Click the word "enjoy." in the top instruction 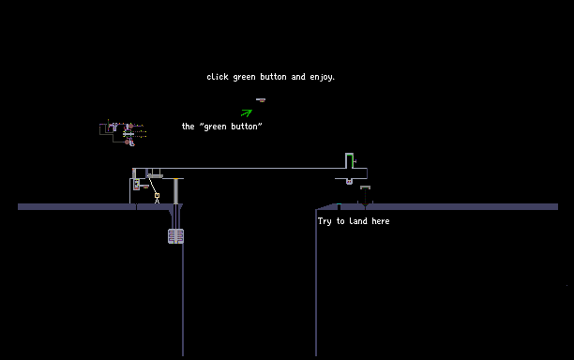point(322,77)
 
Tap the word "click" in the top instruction point(218,77)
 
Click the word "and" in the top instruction point(298,77)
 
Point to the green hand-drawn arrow point(247,112)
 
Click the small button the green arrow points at point(261,100)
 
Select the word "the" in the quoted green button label point(189,127)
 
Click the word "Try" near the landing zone point(325,221)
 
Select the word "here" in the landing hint point(381,221)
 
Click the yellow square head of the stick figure point(157,196)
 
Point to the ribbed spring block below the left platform point(175,236)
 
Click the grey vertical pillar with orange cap point(175,191)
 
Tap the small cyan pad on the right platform point(339,204)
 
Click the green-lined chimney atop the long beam point(350,160)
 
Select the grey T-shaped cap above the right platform point(366,187)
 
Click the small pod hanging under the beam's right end point(349,182)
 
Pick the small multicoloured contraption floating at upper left point(123,132)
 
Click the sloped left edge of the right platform point(326,206)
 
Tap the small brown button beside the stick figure point(145,187)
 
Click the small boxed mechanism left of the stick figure point(137,185)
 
